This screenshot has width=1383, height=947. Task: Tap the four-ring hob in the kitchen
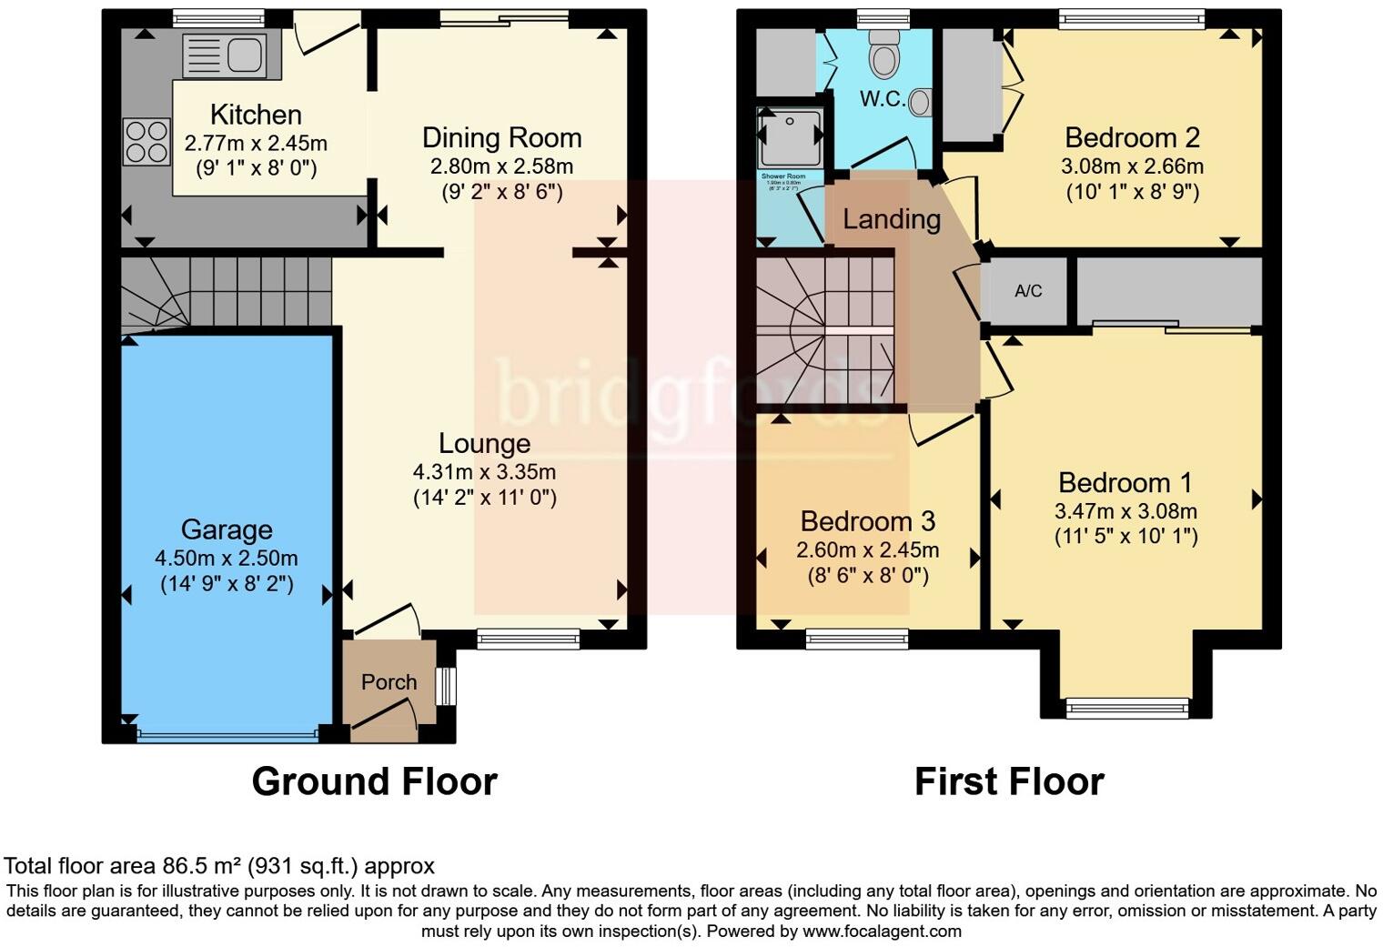[x=146, y=142]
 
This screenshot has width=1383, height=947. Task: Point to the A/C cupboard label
[x=1028, y=291]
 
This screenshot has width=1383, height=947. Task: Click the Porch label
[x=389, y=682]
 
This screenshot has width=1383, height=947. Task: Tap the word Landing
[x=891, y=219]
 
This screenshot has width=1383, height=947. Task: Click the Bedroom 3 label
[x=867, y=521]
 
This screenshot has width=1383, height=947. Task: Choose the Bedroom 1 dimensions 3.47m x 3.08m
[x=1126, y=510]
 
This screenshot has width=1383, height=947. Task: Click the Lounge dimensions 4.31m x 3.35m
[x=484, y=472]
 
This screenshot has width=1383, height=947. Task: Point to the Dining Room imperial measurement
[x=501, y=192]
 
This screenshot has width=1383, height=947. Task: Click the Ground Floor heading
[x=374, y=781]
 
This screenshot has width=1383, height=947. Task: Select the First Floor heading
[x=1009, y=781]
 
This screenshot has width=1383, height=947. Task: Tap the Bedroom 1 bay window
[x=1127, y=707]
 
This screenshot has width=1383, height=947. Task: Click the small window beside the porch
[x=446, y=686]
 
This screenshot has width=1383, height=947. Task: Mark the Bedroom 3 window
[x=857, y=640]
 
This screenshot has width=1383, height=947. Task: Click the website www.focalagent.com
[x=882, y=932]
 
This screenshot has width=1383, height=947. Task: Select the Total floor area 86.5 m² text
[x=219, y=866]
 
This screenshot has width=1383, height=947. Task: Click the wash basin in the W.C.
[x=921, y=102]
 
